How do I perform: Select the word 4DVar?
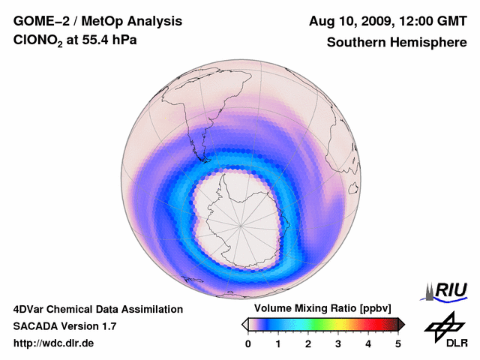(x=31, y=309)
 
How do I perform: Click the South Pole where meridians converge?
(x=241, y=223)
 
